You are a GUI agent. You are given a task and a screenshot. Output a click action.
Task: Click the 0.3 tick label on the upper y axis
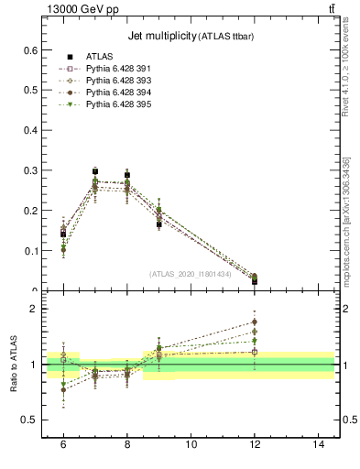31,170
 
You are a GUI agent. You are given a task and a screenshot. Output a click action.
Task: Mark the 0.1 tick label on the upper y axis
31,251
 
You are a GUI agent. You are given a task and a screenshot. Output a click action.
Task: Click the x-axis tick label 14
319,443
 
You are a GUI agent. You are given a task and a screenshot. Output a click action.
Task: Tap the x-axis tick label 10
191,443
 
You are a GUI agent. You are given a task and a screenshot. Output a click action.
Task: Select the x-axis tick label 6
63,443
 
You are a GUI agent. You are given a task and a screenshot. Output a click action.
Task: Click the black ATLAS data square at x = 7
95,171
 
